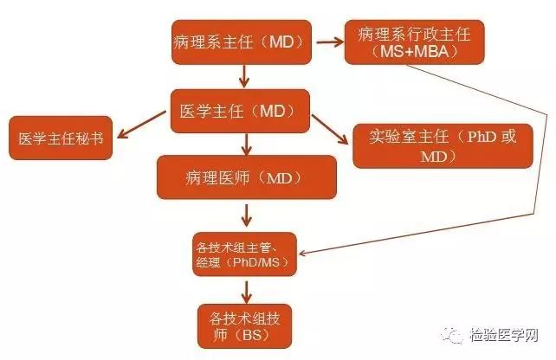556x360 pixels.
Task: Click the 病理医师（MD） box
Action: coord(246,177)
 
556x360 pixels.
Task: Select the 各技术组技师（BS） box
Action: coord(241,323)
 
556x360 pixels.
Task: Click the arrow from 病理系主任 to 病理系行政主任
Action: coord(325,42)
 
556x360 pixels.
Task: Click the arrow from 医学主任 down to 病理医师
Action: coord(246,144)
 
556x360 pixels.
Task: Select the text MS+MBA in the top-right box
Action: coord(413,53)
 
